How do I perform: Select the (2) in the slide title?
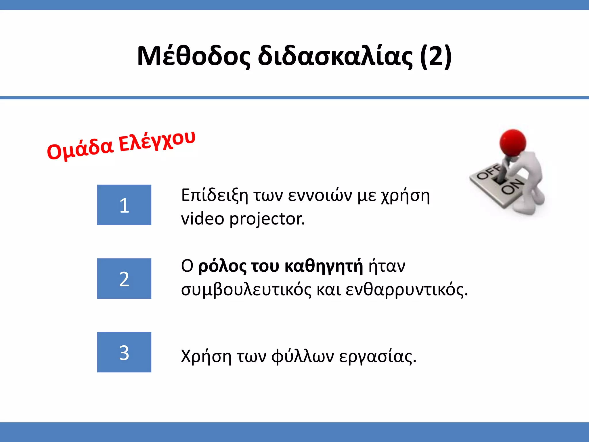[435, 56]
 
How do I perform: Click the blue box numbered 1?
[124, 205]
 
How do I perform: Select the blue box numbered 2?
[124, 279]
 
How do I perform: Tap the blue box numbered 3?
[124, 352]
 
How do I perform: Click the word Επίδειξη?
[214, 196]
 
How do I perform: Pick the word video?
[202, 219]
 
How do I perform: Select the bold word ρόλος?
[222, 266]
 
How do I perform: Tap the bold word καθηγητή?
[324, 266]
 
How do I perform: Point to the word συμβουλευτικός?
[246, 289]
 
